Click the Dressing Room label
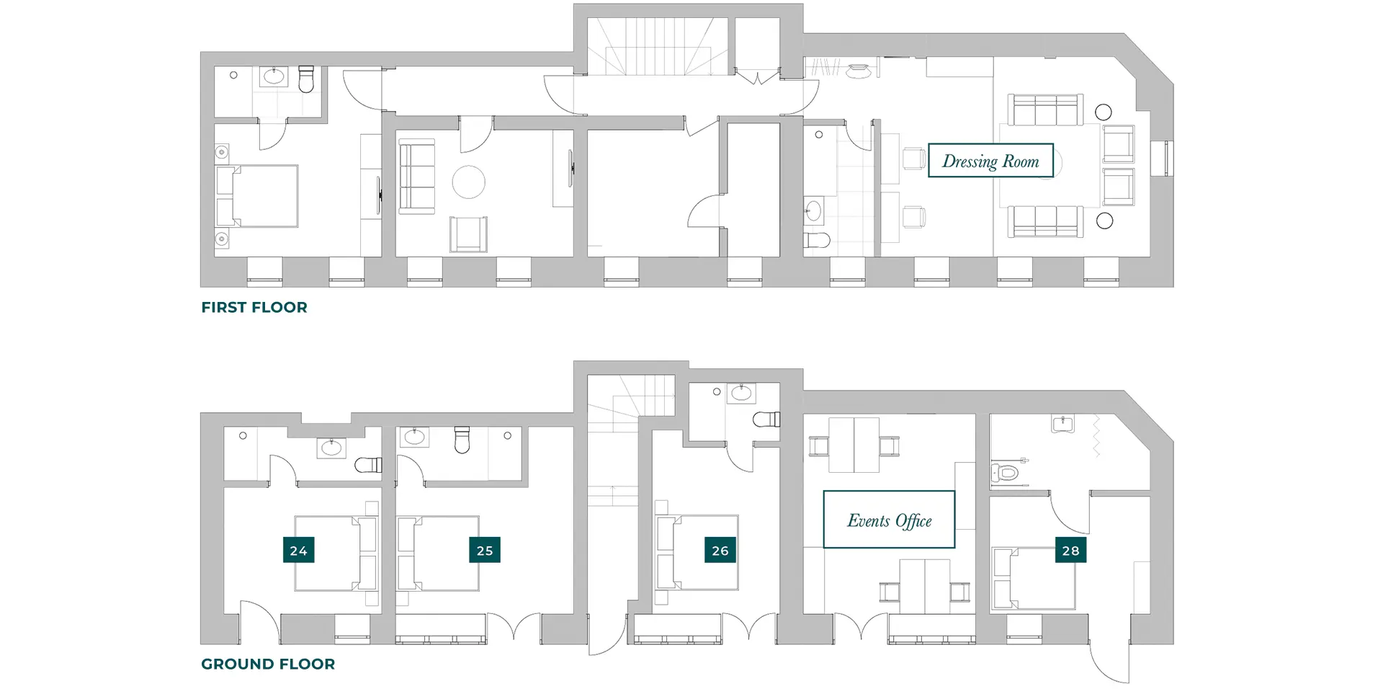click(x=990, y=161)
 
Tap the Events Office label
click(x=889, y=520)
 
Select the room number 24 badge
click(x=298, y=551)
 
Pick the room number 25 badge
click(x=485, y=551)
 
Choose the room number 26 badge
click(x=720, y=551)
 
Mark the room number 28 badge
click(x=1071, y=551)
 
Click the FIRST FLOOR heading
click(x=254, y=308)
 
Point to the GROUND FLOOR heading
click(x=268, y=664)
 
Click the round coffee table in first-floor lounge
click(x=468, y=182)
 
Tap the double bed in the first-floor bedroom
click(x=258, y=196)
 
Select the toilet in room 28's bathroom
click(x=1007, y=473)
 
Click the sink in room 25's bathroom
click(x=414, y=437)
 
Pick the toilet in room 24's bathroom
click(x=370, y=465)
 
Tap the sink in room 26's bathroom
click(x=740, y=394)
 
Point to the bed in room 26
click(x=696, y=552)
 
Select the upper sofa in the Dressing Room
click(x=1044, y=110)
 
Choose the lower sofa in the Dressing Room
click(x=1044, y=221)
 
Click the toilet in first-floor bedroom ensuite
click(x=307, y=79)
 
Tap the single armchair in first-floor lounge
click(x=468, y=234)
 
